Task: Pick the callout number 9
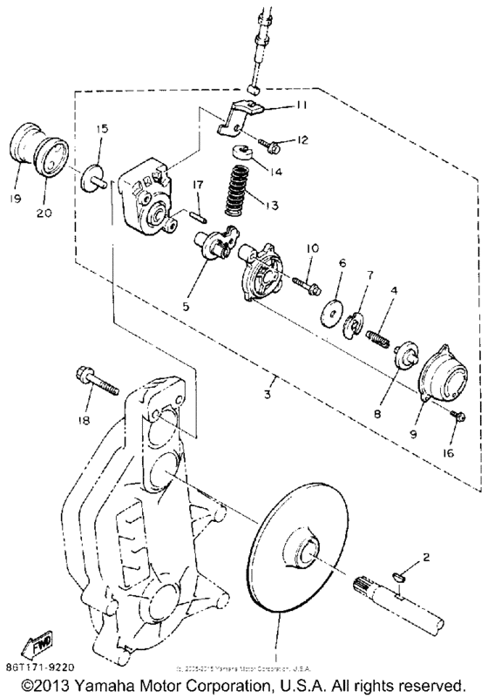pyautogui.click(x=414, y=432)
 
